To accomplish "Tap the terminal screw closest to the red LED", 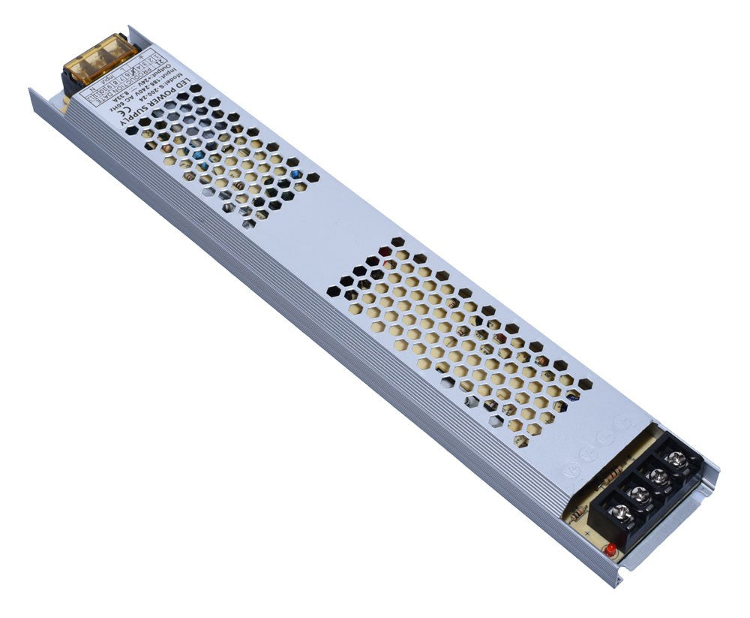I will [x=621, y=514].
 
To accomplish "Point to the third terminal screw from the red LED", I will [x=658, y=477].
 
